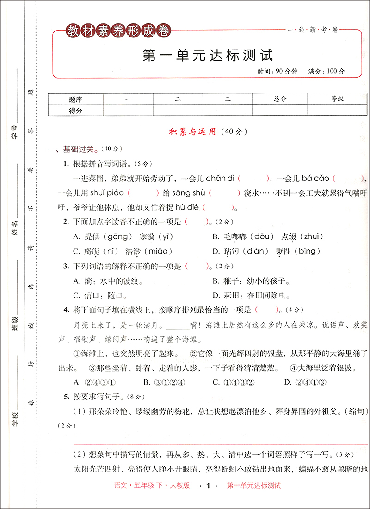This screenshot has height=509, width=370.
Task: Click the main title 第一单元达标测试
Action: pyautogui.click(x=208, y=56)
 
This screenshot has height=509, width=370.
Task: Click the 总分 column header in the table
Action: pyautogui.click(x=280, y=99)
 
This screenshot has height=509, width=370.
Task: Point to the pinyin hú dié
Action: pyautogui.click(x=185, y=207)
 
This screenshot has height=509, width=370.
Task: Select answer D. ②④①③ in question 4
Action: pyautogui.click(x=305, y=382)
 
